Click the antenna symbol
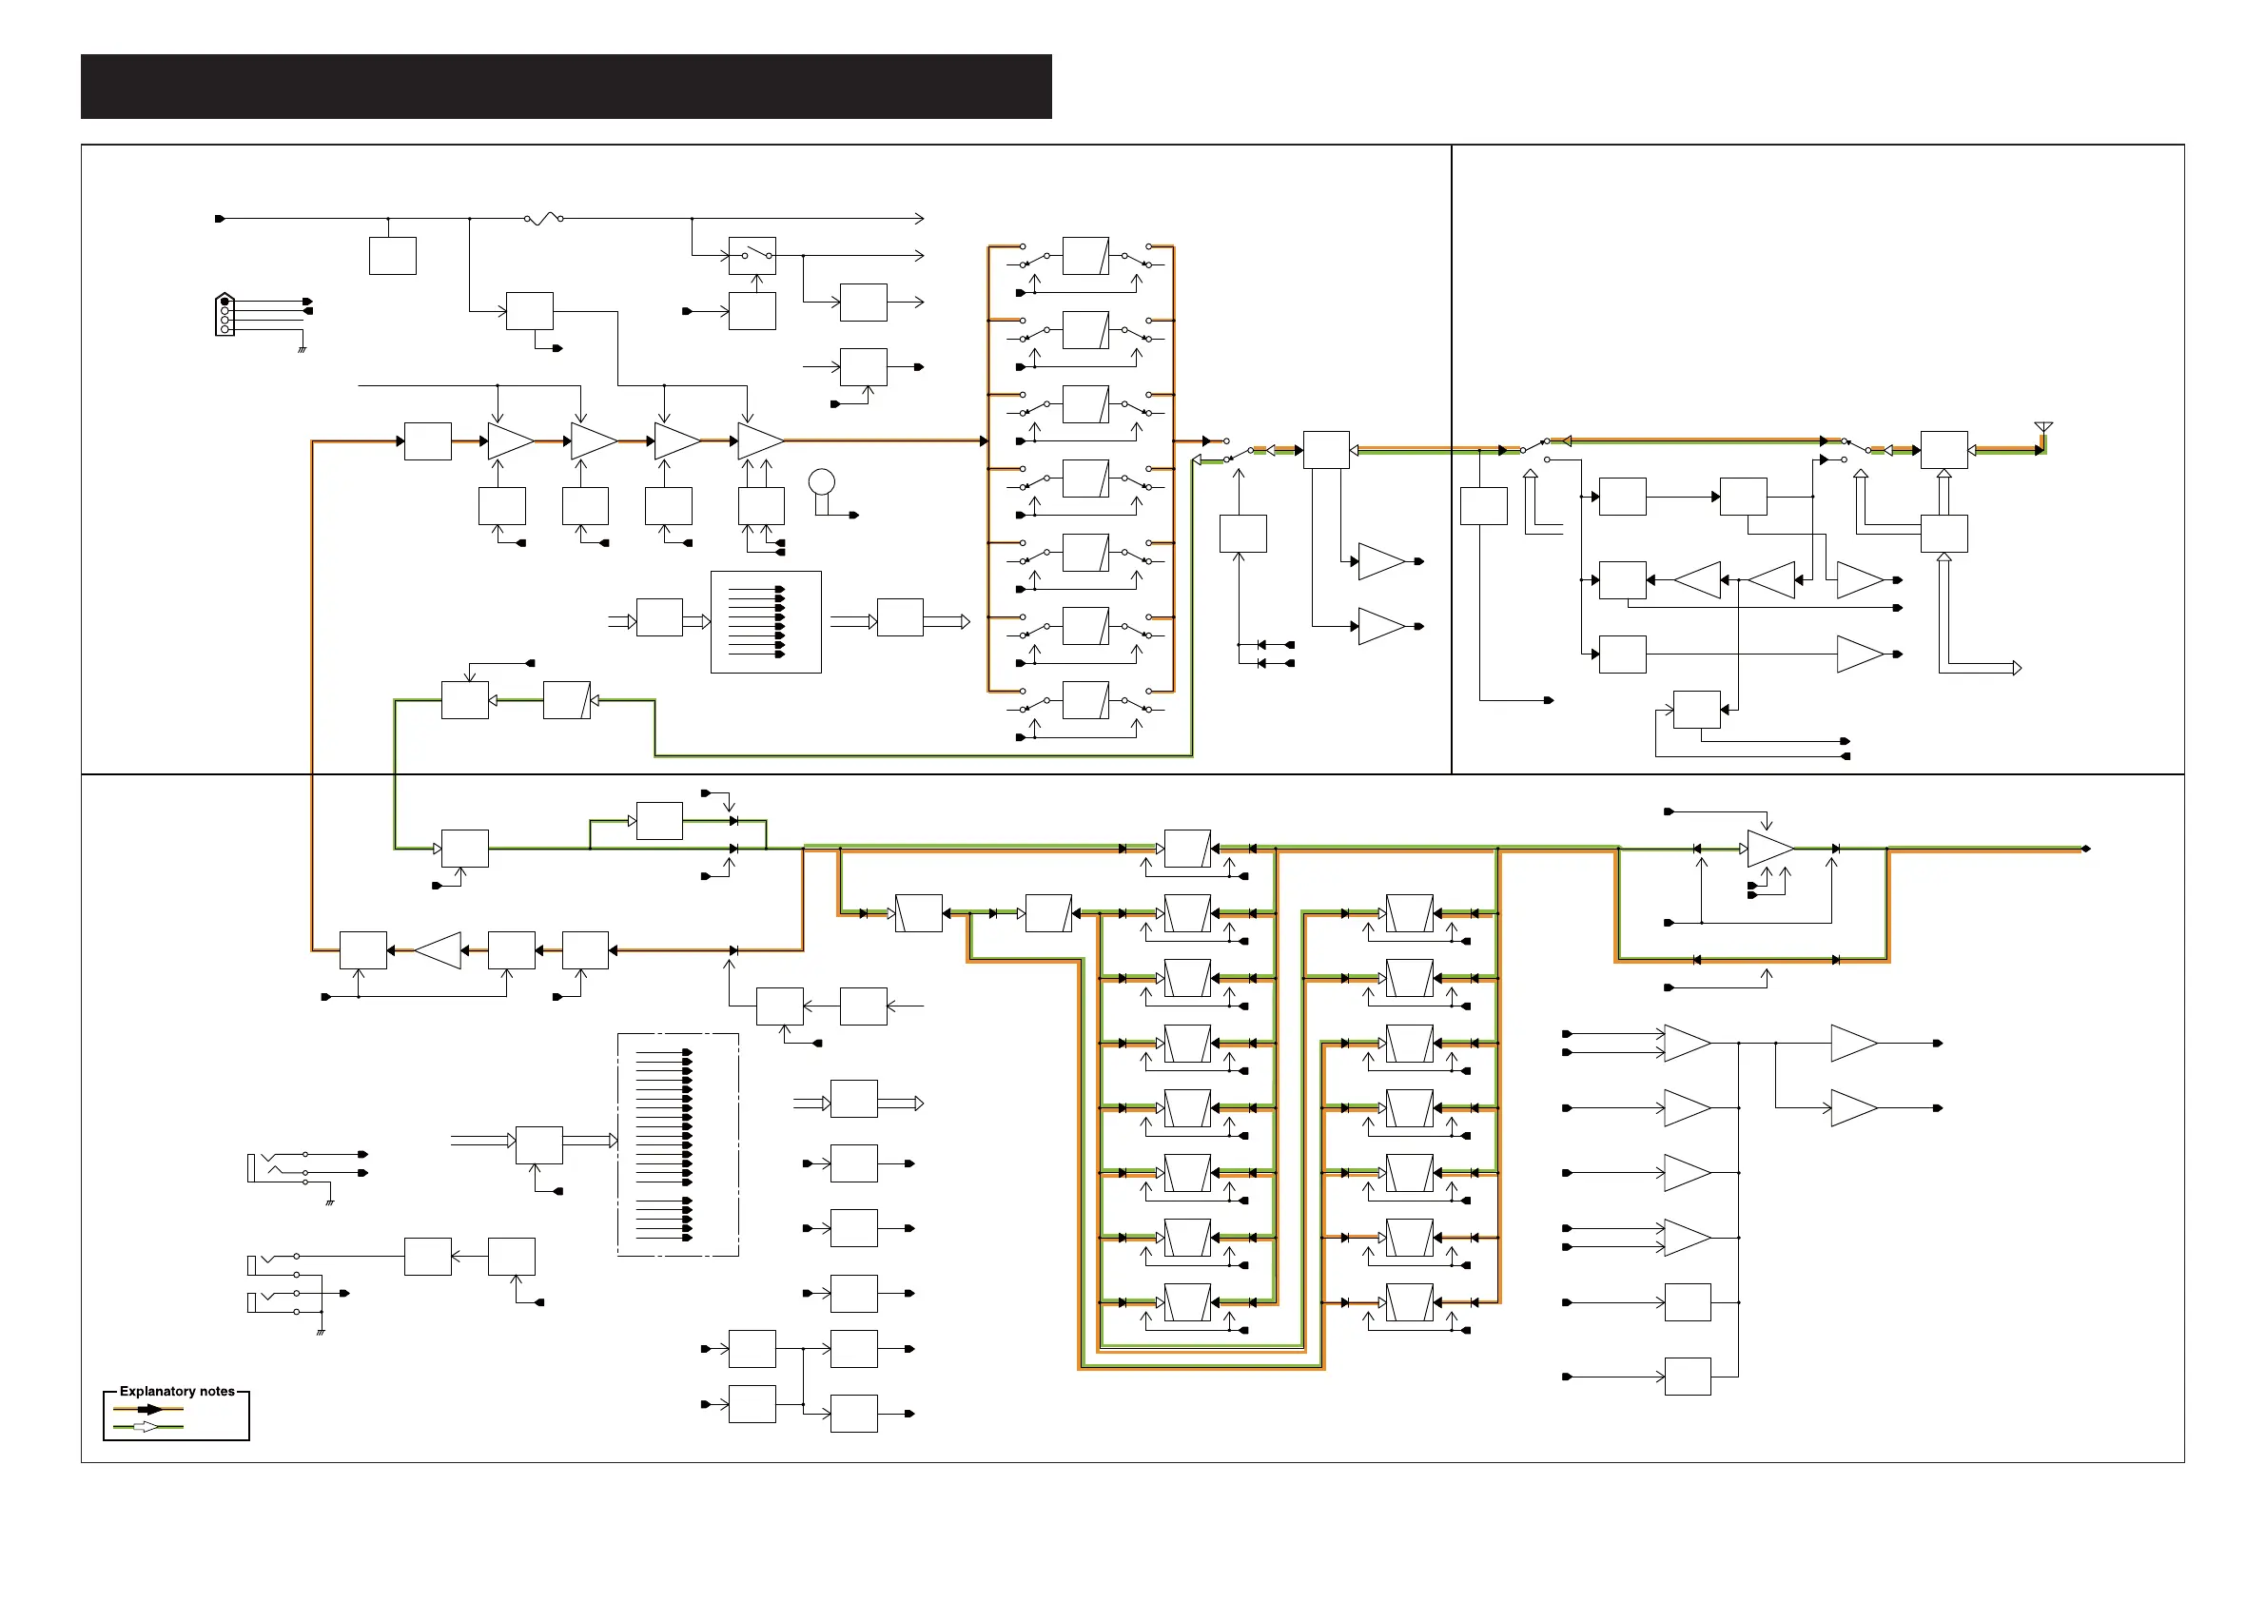pos(2043,427)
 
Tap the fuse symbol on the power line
pos(544,218)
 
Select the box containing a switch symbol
pos(752,256)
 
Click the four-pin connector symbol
pos(225,316)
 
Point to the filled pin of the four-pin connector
pos(225,301)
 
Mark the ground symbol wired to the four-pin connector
pos(302,348)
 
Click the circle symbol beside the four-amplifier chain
pos(821,481)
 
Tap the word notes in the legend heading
pos(216,1392)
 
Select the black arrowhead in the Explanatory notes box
pos(153,1410)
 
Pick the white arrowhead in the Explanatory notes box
pos(146,1427)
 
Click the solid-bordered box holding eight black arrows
pos(766,622)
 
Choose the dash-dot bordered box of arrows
pos(678,1145)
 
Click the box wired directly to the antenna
pos(1944,450)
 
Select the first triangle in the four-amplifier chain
pos(510,441)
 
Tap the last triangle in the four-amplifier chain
pos(760,441)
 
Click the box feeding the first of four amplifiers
pos(427,441)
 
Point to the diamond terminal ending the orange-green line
pos(2085,849)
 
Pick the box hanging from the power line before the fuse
pos(392,256)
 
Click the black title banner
pos(565,87)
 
